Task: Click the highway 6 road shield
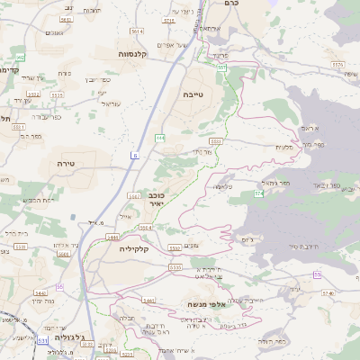click(x=135, y=156)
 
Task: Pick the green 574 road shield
click(x=258, y=193)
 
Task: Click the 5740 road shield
click(x=328, y=293)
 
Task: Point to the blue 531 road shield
click(x=42, y=340)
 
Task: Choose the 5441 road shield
click(x=148, y=300)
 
